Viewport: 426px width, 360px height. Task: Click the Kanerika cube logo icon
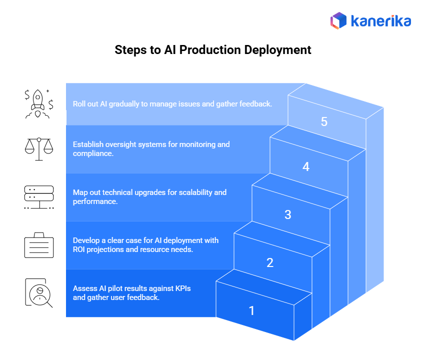(338, 20)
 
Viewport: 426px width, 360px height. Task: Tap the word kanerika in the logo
(380, 21)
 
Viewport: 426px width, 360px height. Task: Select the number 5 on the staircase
(324, 121)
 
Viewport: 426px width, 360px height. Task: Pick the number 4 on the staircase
(306, 166)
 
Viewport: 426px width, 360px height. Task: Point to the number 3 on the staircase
(287, 214)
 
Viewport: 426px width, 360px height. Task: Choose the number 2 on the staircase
(270, 262)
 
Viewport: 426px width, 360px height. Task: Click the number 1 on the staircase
(251, 310)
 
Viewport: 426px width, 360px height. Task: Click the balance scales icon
(39, 148)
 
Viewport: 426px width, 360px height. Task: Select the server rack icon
(39, 197)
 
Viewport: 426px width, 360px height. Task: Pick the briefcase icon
(39, 245)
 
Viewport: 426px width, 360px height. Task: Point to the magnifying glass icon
(39, 293)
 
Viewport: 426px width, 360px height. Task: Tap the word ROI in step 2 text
(80, 249)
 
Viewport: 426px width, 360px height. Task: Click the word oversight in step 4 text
(121, 144)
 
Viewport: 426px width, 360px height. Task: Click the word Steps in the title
(129, 50)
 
